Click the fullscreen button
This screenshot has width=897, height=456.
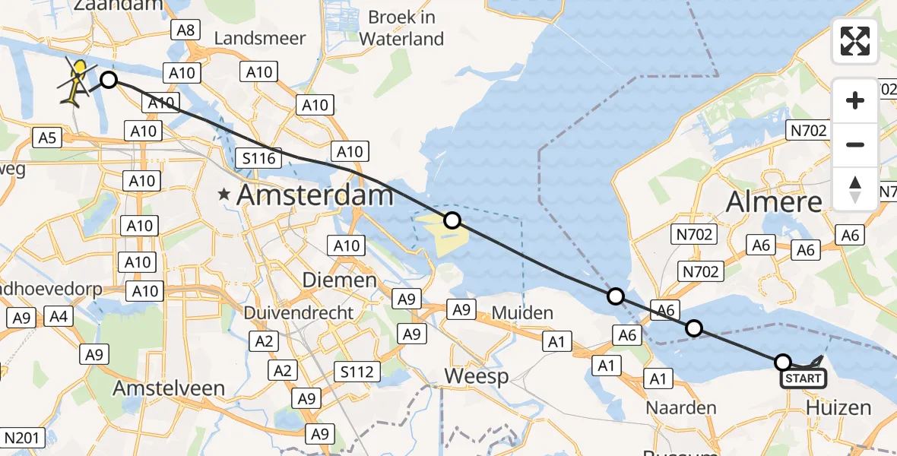855,41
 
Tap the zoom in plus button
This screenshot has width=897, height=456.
855,100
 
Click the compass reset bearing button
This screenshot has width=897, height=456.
855,188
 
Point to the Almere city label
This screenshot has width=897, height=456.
775,202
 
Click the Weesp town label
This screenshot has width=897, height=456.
476,376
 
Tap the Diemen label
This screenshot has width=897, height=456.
340,280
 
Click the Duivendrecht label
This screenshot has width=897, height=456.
299,312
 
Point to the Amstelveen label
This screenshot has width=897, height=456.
169,388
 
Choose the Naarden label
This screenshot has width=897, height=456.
681,407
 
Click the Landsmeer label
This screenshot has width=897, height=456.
260,38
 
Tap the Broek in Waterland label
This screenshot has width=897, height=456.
401,27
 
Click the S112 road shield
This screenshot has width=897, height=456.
357,372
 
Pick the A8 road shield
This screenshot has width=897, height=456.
186,30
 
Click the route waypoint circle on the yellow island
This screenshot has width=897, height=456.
452,220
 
